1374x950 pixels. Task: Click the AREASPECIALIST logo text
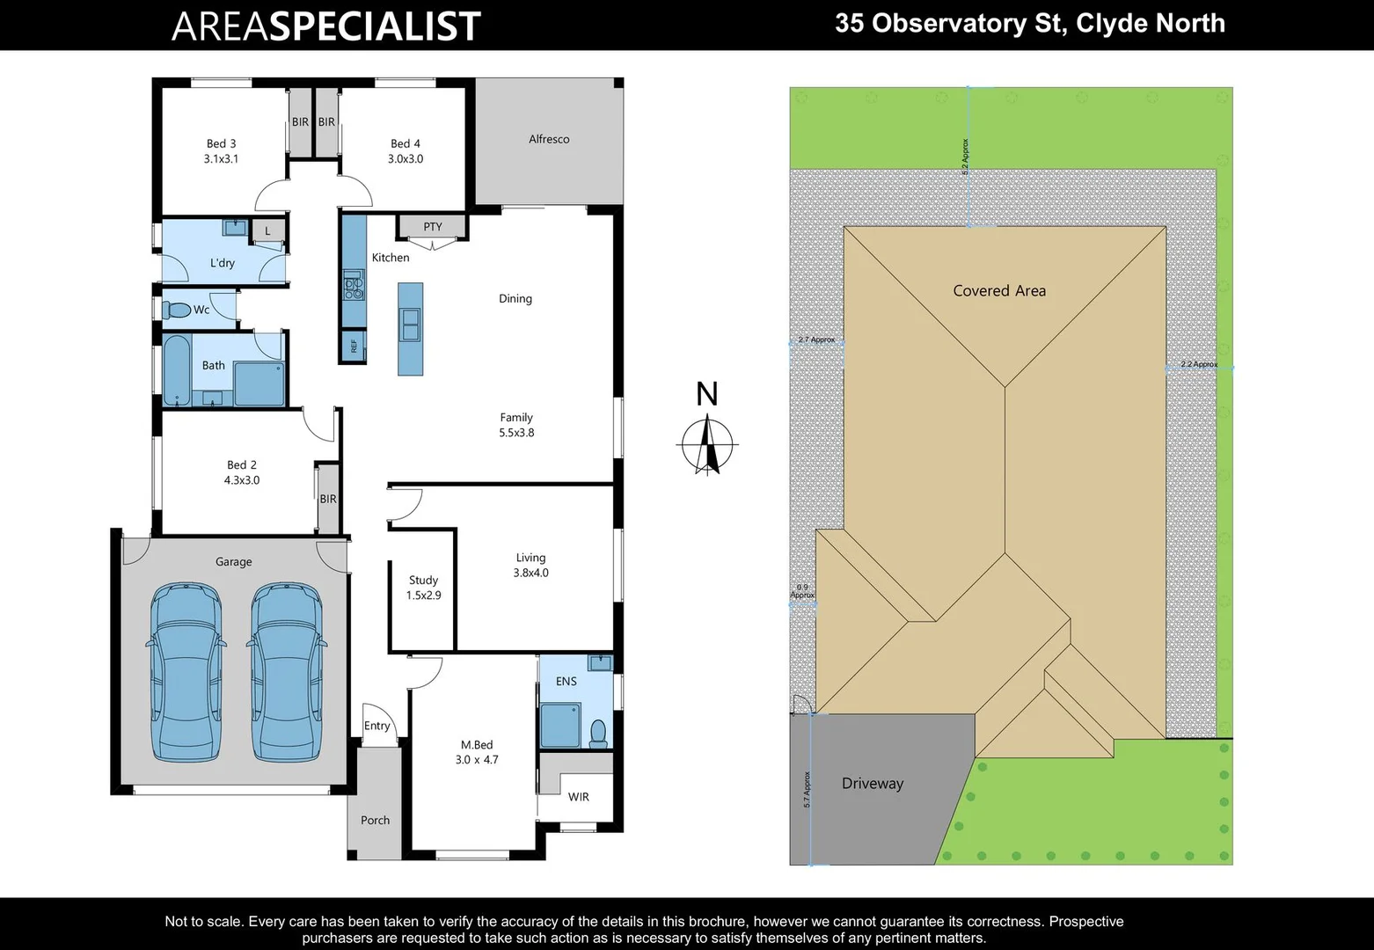click(x=325, y=26)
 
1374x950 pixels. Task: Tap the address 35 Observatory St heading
click(x=1029, y=23)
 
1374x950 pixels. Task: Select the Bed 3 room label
click(x=221, y=151)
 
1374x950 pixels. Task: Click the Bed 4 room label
click(x=405, y=151)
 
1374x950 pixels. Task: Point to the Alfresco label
click(x=549, y=139)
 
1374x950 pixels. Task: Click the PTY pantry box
click(x=432, y=227)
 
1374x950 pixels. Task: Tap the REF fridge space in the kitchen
click(x=354, y=346)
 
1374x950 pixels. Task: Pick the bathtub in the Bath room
click(x=177, y=369)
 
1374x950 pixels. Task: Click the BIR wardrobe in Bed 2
click(x=328, y=499)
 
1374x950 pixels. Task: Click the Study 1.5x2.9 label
click(x=423, y=588)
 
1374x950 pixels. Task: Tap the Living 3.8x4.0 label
click(x=530, y=565)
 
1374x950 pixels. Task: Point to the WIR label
click(x=578, y=797)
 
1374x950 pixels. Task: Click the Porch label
click(x=375, y=820)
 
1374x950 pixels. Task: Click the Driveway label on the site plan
click(x=872, y=784)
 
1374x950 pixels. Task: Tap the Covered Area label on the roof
click(x=999, y=291)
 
